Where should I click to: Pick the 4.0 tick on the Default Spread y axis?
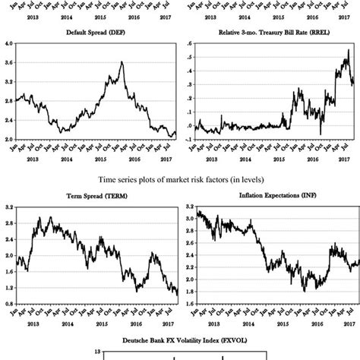[8, 45]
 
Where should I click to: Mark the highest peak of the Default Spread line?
[122, 62]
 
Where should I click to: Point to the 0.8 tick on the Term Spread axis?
[8, 302]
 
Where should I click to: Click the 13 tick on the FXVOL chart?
[77, 352]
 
